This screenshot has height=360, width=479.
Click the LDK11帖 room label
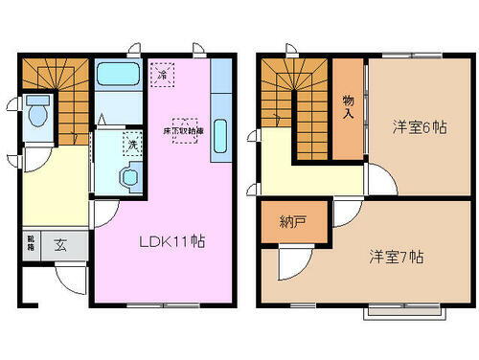coord(173,241)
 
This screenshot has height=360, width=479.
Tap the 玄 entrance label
coord(59,245)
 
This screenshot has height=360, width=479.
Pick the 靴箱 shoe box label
coord(31,245)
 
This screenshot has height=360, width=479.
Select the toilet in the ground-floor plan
coord(38,112)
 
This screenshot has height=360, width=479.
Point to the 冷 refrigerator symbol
coord(163,73)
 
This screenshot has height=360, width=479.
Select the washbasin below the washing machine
coord(125,176)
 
